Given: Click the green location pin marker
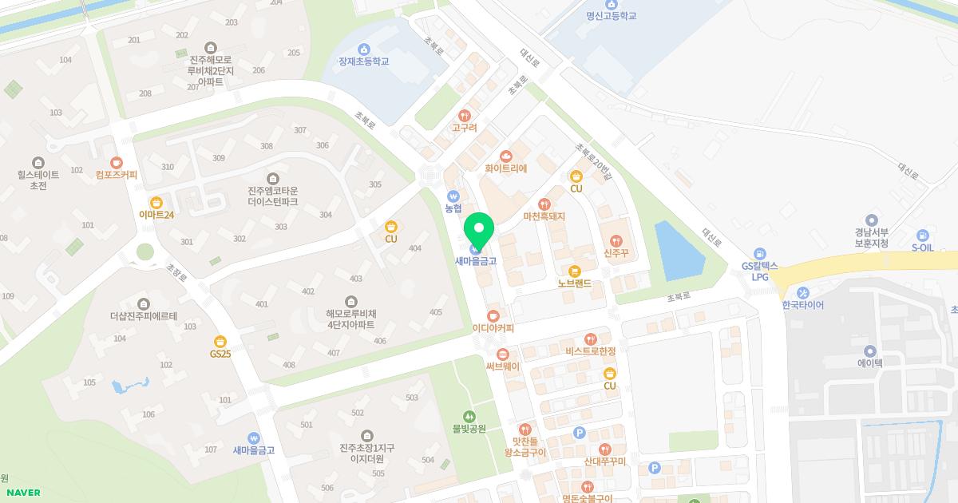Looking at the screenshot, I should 479,230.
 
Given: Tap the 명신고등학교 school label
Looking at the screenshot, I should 611,16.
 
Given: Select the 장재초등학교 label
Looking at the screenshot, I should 363,61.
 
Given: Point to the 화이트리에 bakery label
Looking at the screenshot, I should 505,168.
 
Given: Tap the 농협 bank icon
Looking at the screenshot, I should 453,196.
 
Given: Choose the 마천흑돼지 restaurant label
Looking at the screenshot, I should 544,216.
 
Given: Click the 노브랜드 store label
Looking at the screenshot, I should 574,283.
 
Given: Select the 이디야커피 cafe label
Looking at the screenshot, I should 493,328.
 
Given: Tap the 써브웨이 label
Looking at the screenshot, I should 502,366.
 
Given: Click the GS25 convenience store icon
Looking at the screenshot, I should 220,341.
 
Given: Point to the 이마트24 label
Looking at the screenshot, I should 156,215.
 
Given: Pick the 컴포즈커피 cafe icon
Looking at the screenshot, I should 117,162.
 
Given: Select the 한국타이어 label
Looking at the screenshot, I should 802,305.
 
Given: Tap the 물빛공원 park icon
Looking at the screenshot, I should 469,415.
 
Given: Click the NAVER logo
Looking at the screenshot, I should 24,493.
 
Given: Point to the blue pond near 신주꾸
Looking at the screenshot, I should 679,250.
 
